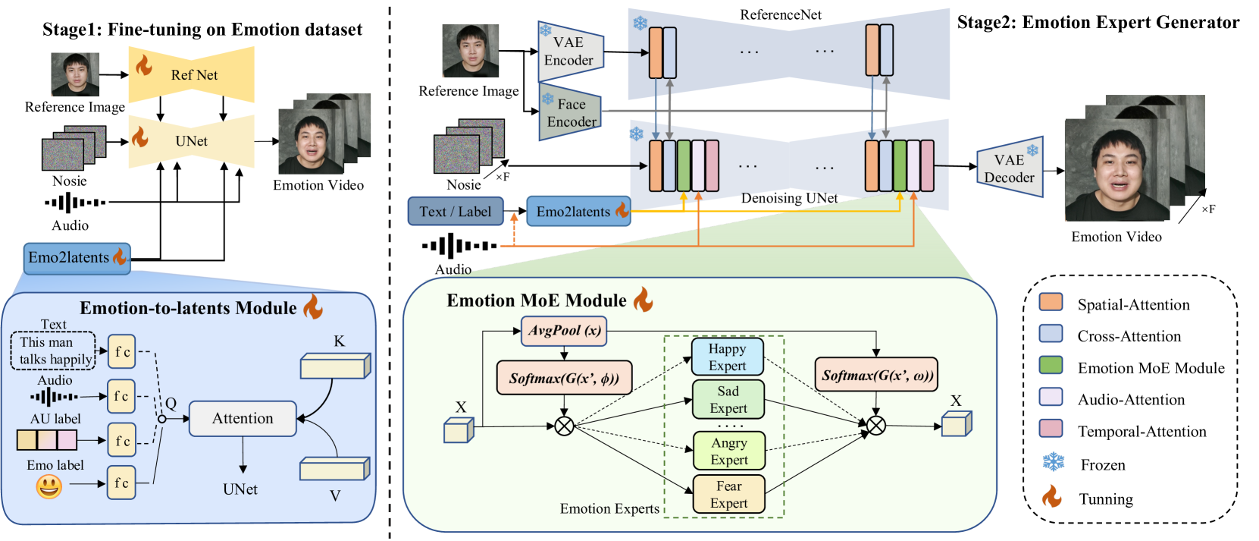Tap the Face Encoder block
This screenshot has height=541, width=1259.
(x=571, y=113)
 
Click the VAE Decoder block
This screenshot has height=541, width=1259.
(x=1009, y=168)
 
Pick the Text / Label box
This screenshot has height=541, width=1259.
(x=455, y=212)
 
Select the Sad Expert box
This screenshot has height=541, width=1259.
(x=728, y=400)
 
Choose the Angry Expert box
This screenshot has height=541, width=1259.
(x=728, y=451)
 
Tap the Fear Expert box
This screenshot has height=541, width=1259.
(x=728, y=495)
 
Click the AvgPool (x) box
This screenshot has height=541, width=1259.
(x=564, y=331)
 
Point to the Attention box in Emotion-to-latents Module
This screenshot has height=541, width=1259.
(x=243, y=419)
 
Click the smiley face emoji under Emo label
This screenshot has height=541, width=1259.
(x=49, y=486)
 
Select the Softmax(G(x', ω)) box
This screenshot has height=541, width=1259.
(x=877, y=376)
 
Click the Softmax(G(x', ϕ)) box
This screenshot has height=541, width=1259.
(x=564, y=378)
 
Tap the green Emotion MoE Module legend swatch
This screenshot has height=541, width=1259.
(x=1051, y=366)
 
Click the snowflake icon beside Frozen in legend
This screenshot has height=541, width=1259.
(x=1053, y=462)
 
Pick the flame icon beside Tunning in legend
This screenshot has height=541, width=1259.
(x=1051, y=497)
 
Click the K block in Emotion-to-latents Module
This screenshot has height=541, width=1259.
(x=334, y=366)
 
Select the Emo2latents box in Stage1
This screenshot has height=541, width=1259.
(x=77, y=258)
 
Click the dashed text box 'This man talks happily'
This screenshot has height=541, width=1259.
(x=53, y=351)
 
